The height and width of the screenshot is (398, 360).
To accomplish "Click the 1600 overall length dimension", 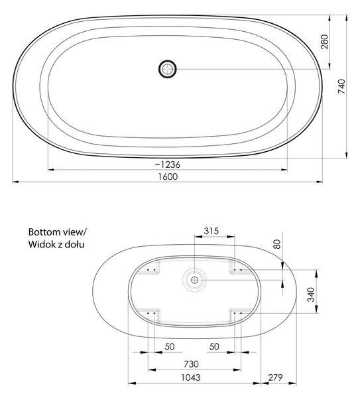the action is pos(168,176).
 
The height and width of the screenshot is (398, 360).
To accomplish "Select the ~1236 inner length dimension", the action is pos(168,165).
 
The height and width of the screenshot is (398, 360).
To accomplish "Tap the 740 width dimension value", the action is pos(341,86).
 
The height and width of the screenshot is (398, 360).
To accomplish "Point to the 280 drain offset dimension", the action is pos(324,42).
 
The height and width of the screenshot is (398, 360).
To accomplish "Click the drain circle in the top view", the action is pos(168,69).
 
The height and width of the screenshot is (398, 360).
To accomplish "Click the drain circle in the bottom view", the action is pos(195,280).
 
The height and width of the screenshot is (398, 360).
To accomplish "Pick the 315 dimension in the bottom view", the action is pos(211,231).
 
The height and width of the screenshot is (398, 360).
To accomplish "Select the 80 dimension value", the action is pos(277,244).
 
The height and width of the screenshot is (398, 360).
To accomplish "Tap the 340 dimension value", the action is pos(311,295).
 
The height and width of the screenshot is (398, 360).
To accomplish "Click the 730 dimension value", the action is pos(191,364).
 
